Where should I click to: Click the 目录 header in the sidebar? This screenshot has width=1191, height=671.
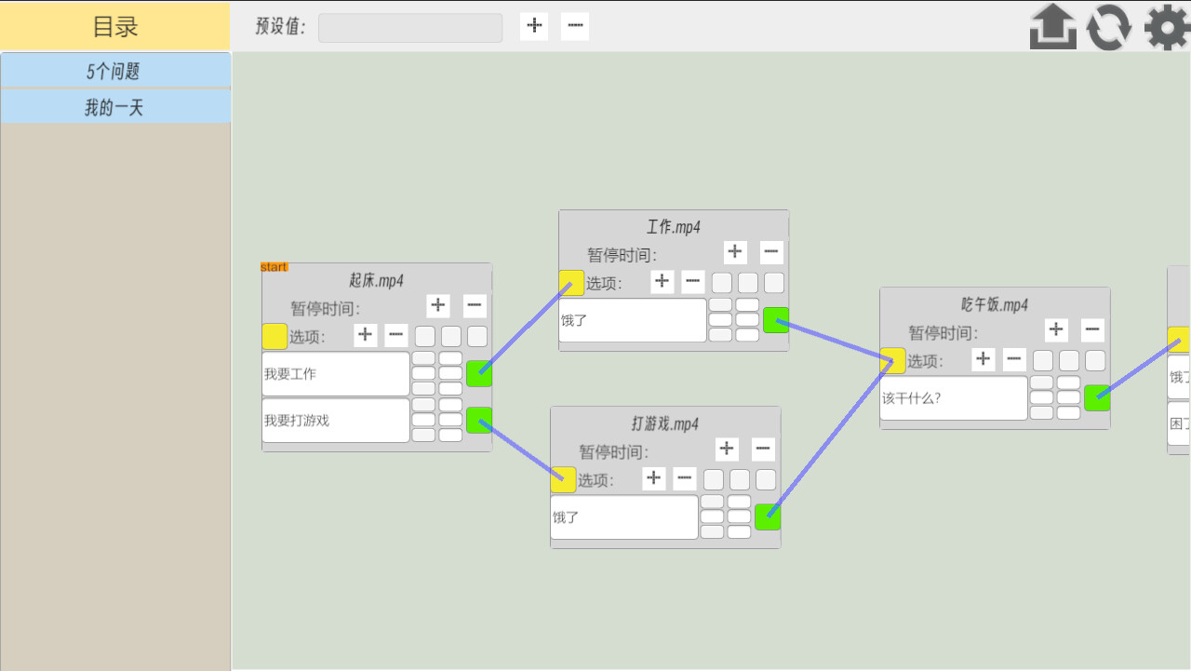click(x=115, y=26)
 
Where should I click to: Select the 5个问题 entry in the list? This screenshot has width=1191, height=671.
click(x=115, y=71)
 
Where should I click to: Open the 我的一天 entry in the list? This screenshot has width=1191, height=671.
click(x=115, y=107)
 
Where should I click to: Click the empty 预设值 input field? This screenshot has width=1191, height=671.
click(x=410, y=27)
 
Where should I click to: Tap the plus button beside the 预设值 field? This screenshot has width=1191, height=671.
click(x=534, y=26)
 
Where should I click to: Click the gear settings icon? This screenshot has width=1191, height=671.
click(x=1166, y=27)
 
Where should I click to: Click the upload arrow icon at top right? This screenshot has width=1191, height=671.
click(x=1052, y=27)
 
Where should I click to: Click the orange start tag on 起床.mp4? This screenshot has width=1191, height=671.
click(x=274, y=267)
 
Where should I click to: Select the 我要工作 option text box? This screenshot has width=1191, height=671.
click(x=336, y=374)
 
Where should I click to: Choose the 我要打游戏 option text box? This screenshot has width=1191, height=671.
click(x=336, y=421)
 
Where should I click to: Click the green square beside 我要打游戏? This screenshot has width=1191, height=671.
click(x=478, y=420)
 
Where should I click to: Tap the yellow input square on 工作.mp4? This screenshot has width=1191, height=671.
click(x=571, y=283)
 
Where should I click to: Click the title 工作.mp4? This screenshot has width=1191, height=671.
click(x=674, y=227)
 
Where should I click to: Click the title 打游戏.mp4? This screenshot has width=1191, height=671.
click(x=665, y=423)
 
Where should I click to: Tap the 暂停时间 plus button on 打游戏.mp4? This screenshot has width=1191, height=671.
click(x=727, y=450)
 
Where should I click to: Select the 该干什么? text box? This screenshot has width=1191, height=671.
click(x=954, y=398)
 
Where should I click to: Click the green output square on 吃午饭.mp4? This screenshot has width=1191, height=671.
click(x=1097, y=397)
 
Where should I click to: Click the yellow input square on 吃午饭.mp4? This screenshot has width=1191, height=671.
click(x=892, y=360)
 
